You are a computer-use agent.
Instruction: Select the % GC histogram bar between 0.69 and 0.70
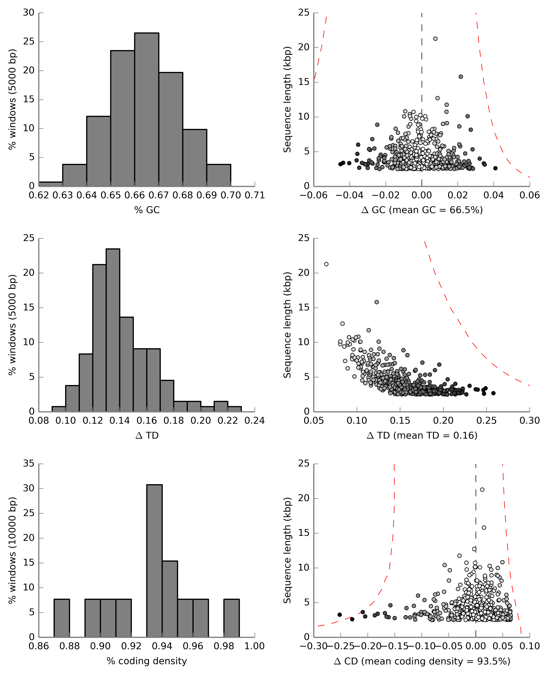[219, 175]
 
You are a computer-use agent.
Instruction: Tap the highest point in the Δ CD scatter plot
[482, 490]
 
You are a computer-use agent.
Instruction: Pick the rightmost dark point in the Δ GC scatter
[495, 168]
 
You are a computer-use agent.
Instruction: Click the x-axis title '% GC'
[147, 210]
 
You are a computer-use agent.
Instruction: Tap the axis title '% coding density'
[147, 661]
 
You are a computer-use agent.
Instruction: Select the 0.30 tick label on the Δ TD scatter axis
[529, 421]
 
